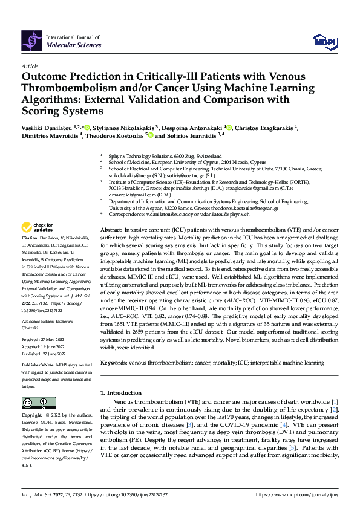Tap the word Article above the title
30,66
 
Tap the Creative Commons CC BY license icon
39,402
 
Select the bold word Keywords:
113,363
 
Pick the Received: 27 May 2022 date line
44,340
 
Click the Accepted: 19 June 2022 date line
44,347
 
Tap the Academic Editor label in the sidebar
39,322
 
